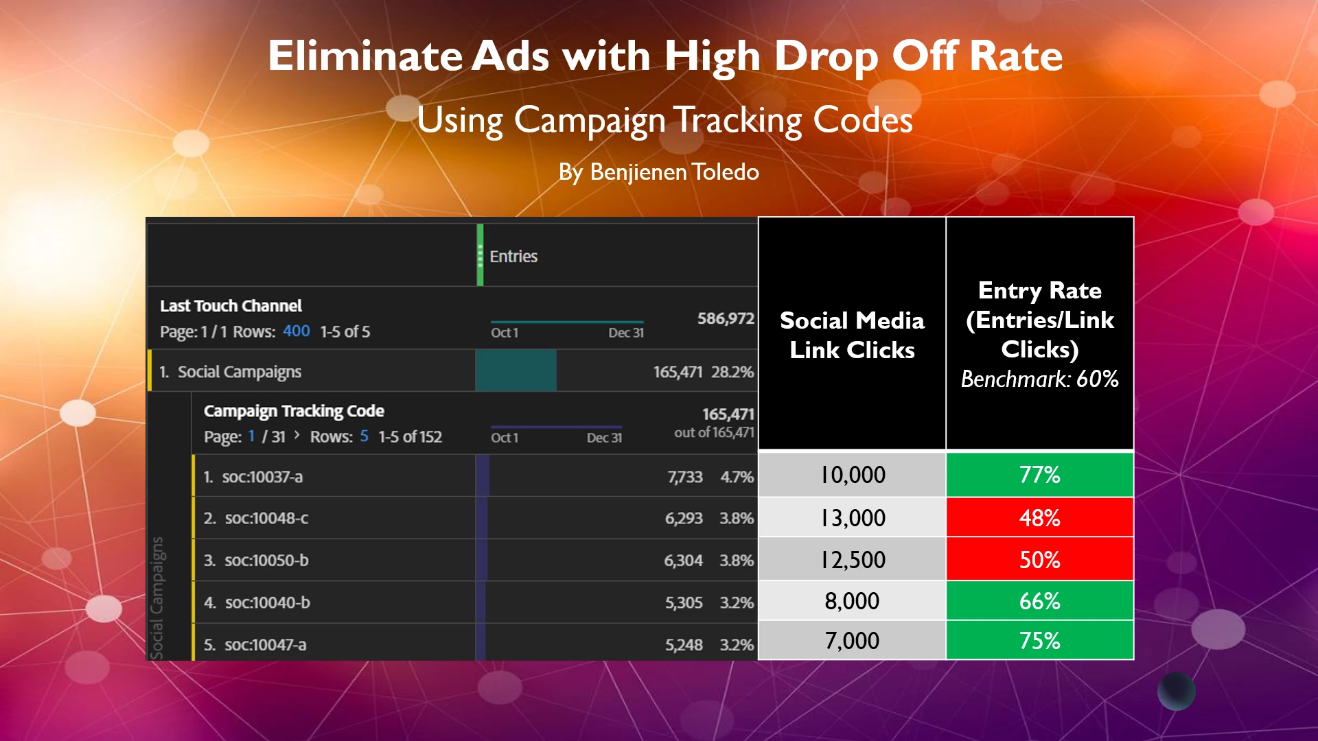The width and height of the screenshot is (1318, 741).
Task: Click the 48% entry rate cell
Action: [x=1039, y=518]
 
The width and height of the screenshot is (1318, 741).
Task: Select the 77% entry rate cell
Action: [x=1039, y=475]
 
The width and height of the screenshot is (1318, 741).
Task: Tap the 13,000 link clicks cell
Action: [x=853, y=518]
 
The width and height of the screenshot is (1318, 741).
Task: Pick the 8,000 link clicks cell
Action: [x=852, y=601]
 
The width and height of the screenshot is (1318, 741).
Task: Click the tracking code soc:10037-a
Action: [x=262, y=477]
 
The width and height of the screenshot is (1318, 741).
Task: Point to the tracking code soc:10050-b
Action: [x=266, y=561]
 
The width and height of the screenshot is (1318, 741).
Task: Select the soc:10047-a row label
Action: [x=265, y=645]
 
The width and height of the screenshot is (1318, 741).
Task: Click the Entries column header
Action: [x=513, y=257]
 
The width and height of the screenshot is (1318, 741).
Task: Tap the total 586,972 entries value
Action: [x=726, y=318]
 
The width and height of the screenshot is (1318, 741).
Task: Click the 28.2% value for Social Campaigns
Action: [x=732, y=372]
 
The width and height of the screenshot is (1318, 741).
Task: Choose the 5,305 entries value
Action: [x=683, y=603]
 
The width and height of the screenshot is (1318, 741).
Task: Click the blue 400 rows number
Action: [x=296, y=331]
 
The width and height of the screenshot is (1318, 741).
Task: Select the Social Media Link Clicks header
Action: [x=852, y=335]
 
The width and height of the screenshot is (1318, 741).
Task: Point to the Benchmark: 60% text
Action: [x=1039, y=379]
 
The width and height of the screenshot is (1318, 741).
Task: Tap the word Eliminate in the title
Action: [x=365, y=56]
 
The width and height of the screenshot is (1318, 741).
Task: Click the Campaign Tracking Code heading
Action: [x=294, y=411]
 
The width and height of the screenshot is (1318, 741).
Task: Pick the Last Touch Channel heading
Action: [x=231, y=306]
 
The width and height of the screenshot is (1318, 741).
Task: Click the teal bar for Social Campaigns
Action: [x=516, y=370]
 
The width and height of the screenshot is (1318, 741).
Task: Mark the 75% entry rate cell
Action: [x=1039, y=641]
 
